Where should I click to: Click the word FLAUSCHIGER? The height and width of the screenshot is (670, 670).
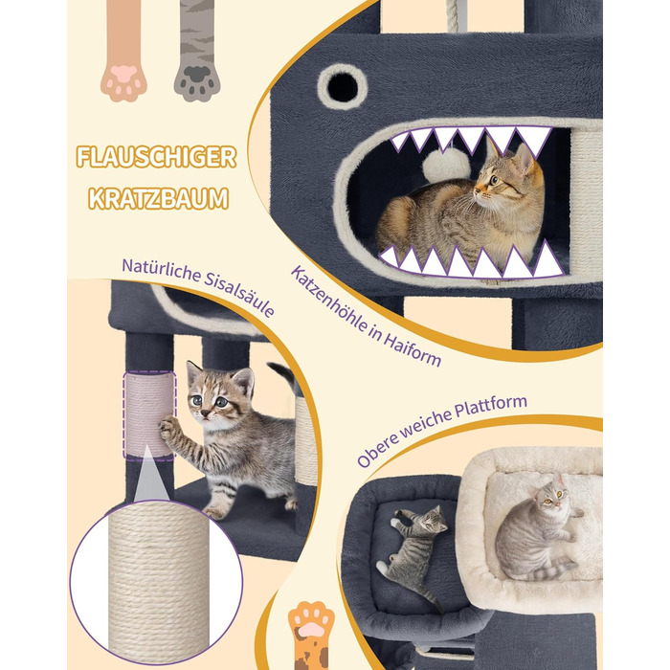coord(156,157)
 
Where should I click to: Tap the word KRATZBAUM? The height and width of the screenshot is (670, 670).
coord(158,199)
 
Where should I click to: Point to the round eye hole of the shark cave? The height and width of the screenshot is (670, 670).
coord(343,87)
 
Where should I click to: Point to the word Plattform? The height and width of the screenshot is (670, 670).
coord(490,406)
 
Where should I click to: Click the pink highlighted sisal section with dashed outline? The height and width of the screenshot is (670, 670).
coord(149,415)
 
